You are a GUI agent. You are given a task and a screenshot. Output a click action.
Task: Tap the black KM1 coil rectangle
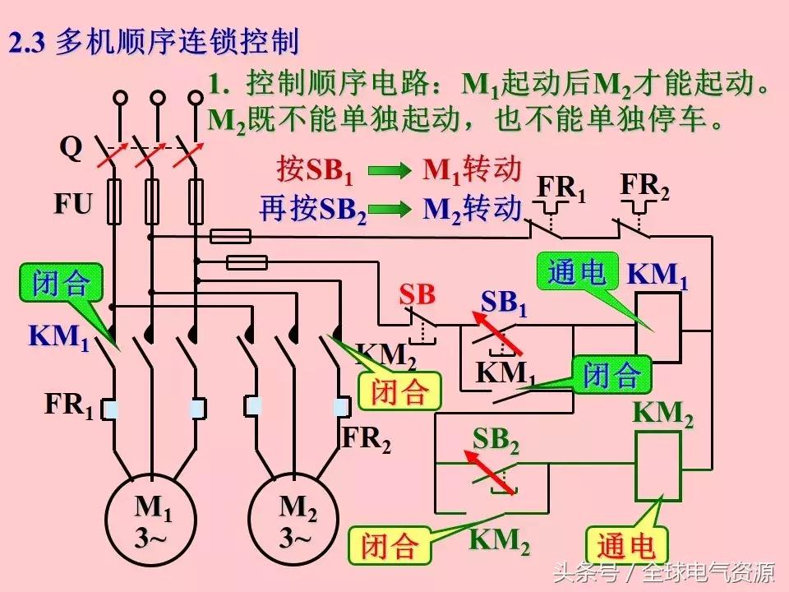tap(658, 328)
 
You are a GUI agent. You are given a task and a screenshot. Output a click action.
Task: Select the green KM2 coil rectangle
tap(658, 466)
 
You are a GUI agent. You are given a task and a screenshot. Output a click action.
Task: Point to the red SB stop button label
tap(417, 295)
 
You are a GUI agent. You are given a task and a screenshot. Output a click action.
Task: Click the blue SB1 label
tap(503, 303)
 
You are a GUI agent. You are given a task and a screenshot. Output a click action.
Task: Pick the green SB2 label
tap(496, 442)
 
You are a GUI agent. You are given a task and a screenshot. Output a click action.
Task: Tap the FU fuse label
tap(73, 203)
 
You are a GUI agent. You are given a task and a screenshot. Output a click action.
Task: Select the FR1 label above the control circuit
tap(562, 189)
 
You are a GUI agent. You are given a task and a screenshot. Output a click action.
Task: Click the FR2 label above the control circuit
tap(644, 187)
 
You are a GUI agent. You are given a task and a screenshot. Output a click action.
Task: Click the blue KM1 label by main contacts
tap(58, 337)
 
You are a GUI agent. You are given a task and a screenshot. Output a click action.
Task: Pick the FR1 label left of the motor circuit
tap(69, 405)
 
